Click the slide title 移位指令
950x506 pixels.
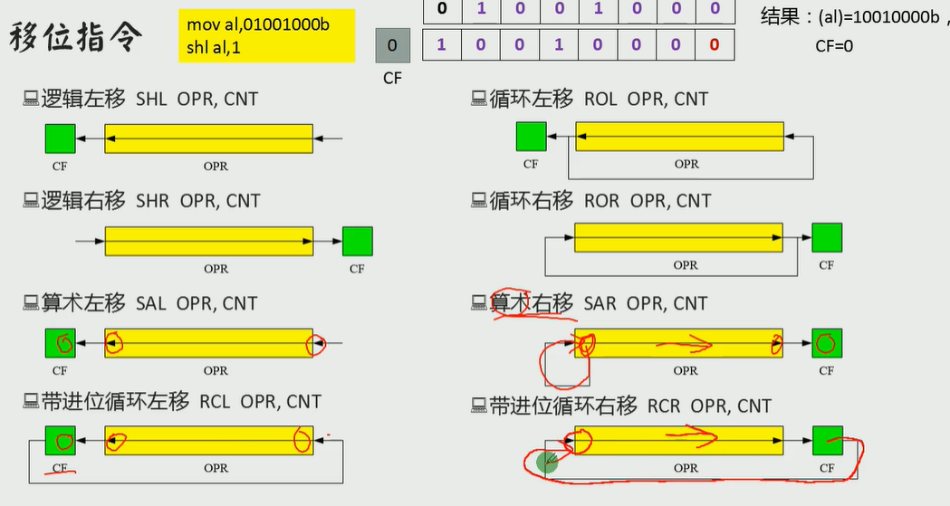76,38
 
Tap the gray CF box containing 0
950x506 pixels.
391,45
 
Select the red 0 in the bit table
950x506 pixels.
715,44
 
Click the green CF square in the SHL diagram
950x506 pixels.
60,138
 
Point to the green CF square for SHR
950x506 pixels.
357,242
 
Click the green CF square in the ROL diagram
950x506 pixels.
531,137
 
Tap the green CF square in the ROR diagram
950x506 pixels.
826,237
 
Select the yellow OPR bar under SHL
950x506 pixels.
209,138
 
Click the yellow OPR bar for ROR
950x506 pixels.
679,237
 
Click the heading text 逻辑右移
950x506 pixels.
83,200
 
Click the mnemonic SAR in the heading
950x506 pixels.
600,303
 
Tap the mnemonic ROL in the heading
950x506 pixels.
601,99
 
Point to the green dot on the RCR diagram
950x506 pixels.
547,463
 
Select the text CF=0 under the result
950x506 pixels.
834,46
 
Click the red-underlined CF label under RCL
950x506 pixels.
60,469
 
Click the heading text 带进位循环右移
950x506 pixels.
563,406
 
